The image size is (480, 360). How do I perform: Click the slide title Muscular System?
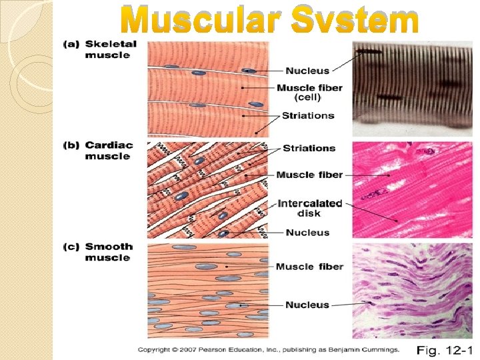click(269, 21)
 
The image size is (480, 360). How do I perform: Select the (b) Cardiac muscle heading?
click(99, 150)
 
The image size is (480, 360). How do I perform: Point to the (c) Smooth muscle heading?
click(98, 251)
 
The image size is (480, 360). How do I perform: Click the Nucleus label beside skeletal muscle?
click(307, 70)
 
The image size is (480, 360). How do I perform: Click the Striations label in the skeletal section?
click(308, 115)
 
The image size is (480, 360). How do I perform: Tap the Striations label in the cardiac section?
click(309, 148)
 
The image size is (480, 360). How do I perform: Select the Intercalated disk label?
click(309, 208)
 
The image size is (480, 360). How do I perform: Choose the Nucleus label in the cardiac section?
click(307, 233)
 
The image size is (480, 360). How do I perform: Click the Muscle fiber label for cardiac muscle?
click(309, 175)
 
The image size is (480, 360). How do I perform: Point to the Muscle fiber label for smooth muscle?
click(309, 267)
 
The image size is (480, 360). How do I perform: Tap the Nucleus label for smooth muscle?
click(307, 305)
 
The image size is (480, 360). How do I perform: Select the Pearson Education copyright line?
click(269, 349)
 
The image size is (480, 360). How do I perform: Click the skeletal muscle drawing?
click(207, 89)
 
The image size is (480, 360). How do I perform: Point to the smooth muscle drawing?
click(207, 291)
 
